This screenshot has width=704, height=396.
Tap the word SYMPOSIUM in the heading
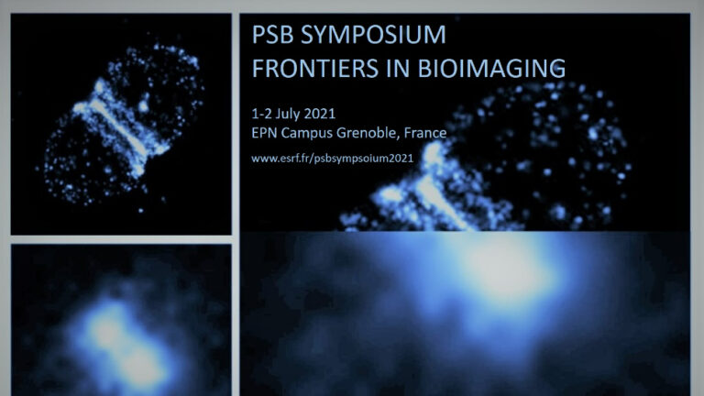[373, 35]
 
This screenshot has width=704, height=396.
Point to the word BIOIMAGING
[491, 68]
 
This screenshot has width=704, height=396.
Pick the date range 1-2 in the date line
[261, 114]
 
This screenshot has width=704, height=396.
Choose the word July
[287, 114]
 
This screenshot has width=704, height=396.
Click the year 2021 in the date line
[320, 114]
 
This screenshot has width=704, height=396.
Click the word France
[425, 133]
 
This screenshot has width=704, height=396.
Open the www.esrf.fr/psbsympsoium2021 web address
[332, 158]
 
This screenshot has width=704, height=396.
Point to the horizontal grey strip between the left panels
[121, 240]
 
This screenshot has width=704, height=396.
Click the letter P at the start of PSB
[258, 35]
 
